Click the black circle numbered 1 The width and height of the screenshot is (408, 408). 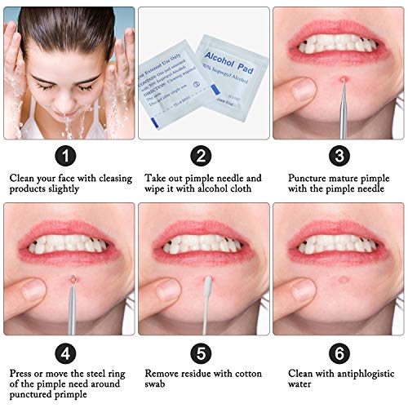click(69, 156)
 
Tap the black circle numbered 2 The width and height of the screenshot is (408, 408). click(202, 156)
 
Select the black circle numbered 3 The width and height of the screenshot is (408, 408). click(338, 156)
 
